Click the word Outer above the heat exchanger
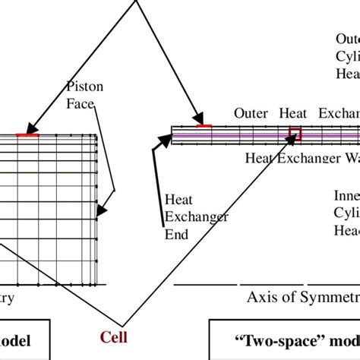[251, 113]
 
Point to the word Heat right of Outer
[293, 113]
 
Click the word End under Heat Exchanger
[176, 234]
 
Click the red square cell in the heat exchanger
[294, 134]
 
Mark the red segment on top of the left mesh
[27, 134]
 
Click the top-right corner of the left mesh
[96, 135]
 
